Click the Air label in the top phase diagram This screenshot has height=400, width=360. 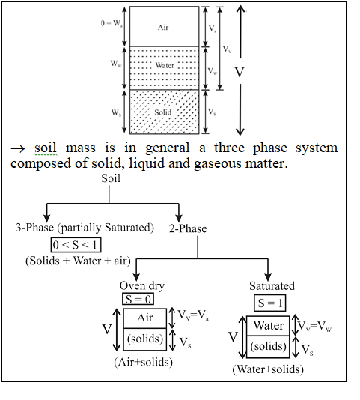(x=163, y=27)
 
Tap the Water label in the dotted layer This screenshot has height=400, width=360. (x=165, y=65)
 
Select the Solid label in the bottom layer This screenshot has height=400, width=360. (x=163, y=112)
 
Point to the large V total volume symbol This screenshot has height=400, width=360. (x=240, y=72)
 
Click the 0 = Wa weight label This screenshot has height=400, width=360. (x=112, y=23)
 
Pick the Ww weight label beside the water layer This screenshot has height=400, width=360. (x=116, y=63)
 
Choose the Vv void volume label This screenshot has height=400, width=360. (x=227, y=49)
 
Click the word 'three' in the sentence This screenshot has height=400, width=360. (x=229, y=148)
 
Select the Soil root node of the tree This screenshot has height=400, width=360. (x=111, y=178)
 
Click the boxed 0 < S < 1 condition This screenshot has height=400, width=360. (x=76, y=245)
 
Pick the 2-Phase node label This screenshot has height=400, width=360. (x=188, y=228)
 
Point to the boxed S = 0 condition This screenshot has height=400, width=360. (x=138, y=299)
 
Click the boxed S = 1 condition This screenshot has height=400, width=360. (x=270, y=303)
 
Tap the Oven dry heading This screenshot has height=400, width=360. (x=142, y=286)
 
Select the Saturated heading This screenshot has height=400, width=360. (x=272, y=285)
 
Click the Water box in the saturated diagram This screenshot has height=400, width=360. (x=268, y=326)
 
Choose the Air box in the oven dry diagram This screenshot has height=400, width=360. (x=144, y=318)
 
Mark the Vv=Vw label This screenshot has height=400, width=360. (x=315, y=326)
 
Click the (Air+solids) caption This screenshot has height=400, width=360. (x=143, y=362)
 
